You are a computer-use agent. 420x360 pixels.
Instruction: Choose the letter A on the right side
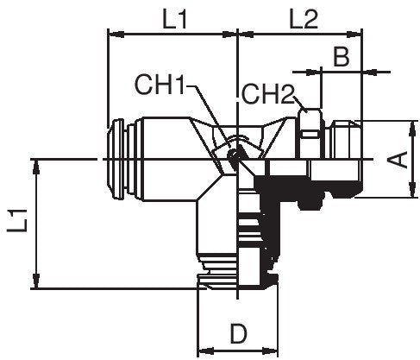coord(398,160)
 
